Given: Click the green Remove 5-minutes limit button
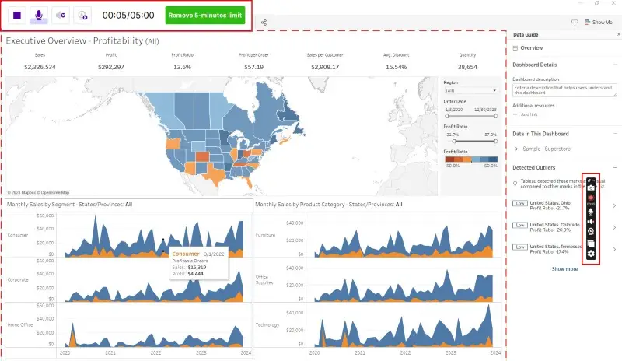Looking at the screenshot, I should [x=205, y=15].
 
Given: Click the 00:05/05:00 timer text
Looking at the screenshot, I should [x=128, y=15].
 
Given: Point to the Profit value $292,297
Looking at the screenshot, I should [x=110, y=67].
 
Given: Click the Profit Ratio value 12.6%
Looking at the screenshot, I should [x=182, y=67].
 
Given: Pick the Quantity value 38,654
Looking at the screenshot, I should [x=467, y=67].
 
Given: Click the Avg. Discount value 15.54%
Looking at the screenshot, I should [x=397, y=67].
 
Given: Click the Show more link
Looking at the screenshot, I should [x=564, y=268].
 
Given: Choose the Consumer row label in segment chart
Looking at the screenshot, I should [x=17, y=234].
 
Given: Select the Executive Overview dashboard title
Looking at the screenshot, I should [x=82, y=40].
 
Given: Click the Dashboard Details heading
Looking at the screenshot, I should [x=535, y=65].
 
